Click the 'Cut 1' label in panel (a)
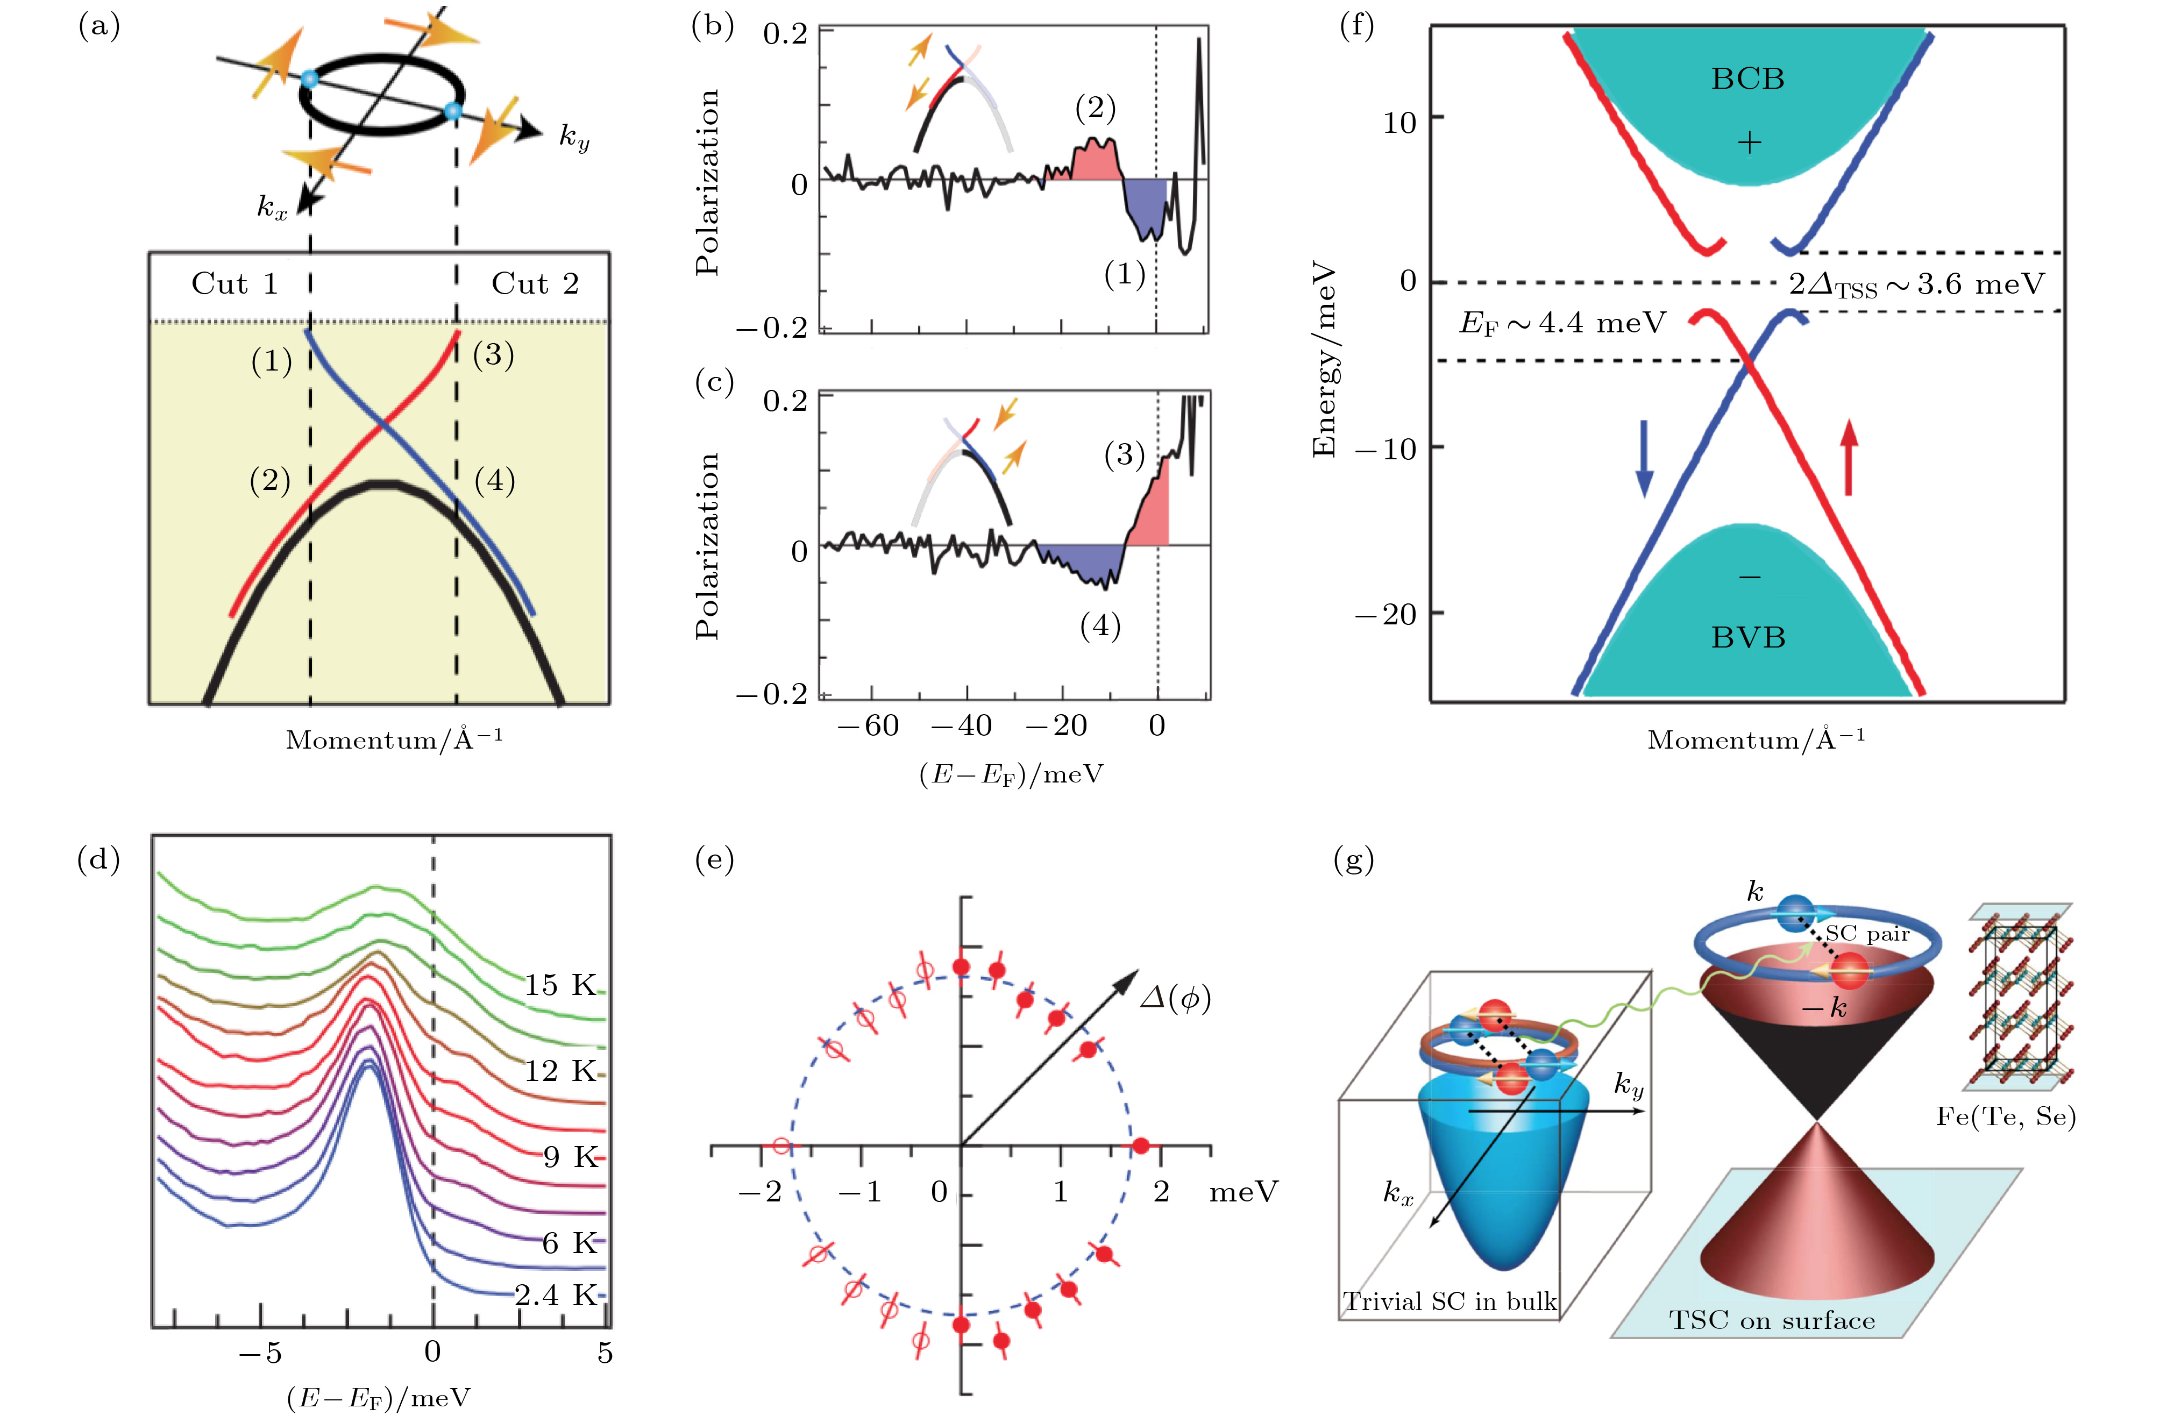pyautogui.click(x=234, y=284)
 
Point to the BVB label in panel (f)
pyautogui.click(x=1748, y=638)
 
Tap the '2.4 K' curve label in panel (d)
pyautogui.click(x=556, y=1295)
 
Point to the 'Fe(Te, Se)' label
pyautogui.click(x=2006, y=1116)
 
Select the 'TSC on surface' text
pyautogui.click(x=1772, y=1320)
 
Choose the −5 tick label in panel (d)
pyautogui.click(x=260, y=1353)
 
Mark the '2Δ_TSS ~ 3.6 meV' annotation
pyautogui.click(x=1917, y=285)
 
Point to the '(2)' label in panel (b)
pyautogui.click(x=1096, y=109)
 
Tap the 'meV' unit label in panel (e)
pyautogui.click(x=1244, y=1192)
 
